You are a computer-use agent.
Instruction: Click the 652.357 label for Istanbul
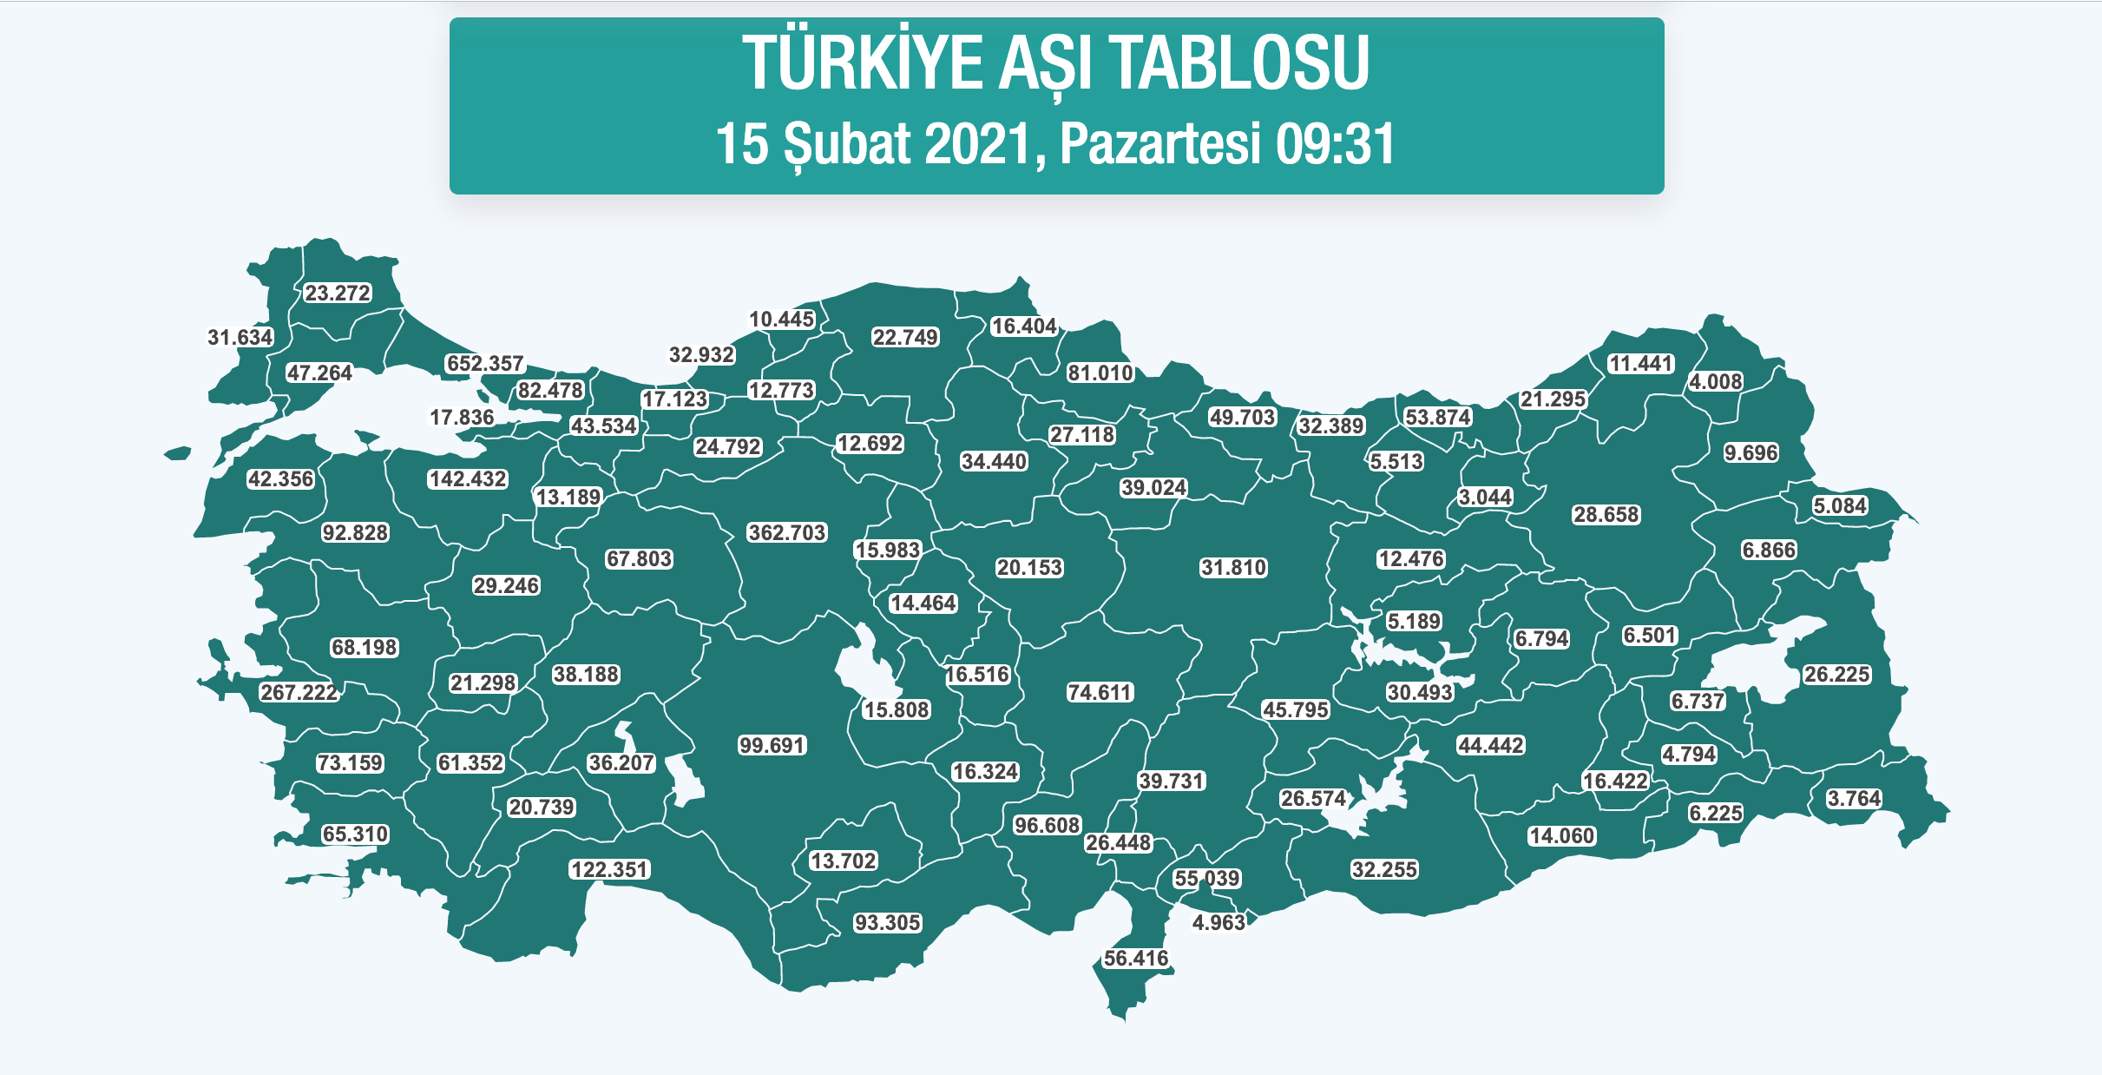click(485, 364)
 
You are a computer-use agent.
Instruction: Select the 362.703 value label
click(787, 532)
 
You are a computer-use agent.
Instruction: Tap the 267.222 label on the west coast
click(299, 692)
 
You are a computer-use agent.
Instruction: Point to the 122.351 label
click(610, 869)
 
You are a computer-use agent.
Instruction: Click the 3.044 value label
click(1485, 498)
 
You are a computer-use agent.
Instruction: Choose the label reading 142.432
click(468, 479)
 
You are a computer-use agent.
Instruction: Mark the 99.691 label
click(772, 745)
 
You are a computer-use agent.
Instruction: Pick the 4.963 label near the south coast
click(1219, 922)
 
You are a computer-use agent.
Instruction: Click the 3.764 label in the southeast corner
click(1854, 798)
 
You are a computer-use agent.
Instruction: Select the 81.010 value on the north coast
click(1100, 373)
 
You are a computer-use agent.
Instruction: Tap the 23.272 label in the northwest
click(338, 293)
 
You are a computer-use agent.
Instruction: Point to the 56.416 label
click(1136, 958)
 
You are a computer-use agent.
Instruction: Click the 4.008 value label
click(1716, 382)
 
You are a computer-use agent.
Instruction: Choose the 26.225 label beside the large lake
click(1837, 675)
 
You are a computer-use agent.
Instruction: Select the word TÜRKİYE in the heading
click(864, 63)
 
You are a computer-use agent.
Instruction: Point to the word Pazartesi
click(1159, 144)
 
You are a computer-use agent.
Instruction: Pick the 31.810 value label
click(1234, 568)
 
